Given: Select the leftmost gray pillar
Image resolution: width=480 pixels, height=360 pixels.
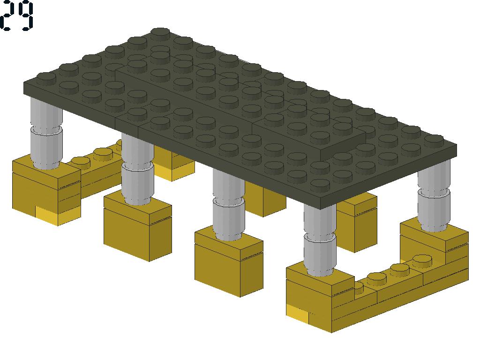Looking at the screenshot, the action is pyautogui.click(x=46, y=133).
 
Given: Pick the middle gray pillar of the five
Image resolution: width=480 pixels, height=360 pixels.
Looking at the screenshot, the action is pyautogui.click(x=228, y=204).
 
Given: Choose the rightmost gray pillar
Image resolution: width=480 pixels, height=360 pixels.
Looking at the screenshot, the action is pyautogui.click(x=434, y=196).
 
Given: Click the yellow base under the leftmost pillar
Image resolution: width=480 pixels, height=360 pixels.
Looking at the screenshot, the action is pyautogui.click(x=46, y=190).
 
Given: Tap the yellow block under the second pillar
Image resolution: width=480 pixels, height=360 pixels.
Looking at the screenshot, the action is pyautogui.click(x=138, y=226).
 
